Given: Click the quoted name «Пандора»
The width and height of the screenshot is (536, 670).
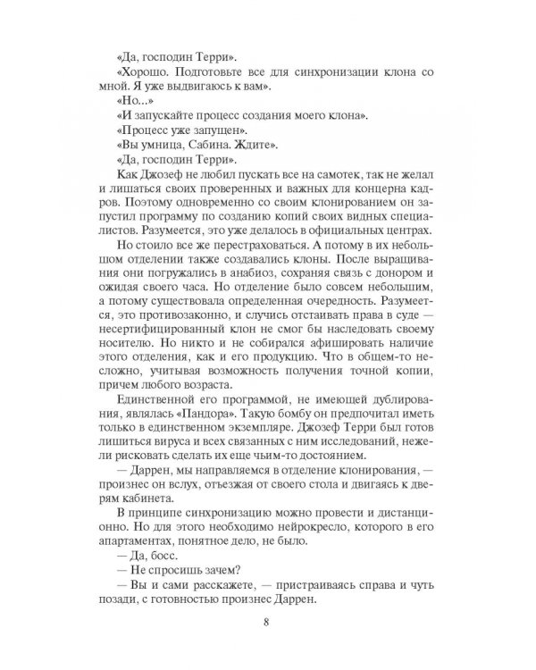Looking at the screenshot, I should pos(200,478).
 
